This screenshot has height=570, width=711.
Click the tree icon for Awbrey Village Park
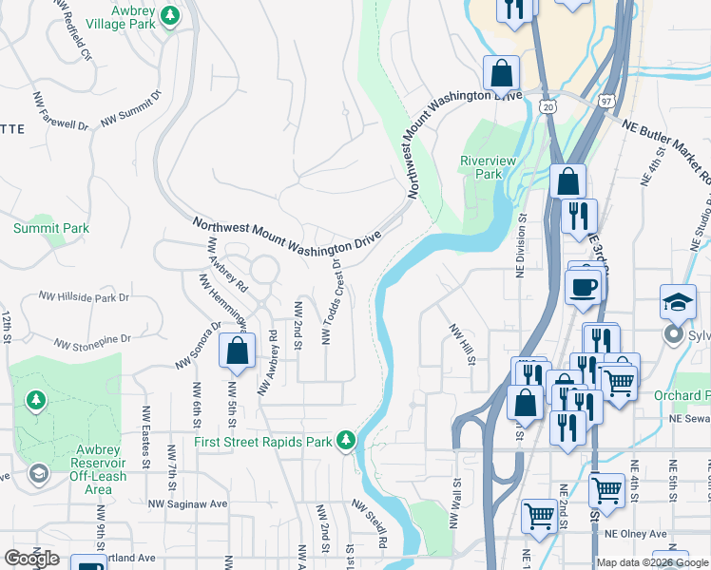tap(170, 16)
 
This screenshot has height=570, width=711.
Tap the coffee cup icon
tap(583, 287)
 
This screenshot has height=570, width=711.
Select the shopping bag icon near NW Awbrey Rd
tap(237, 350)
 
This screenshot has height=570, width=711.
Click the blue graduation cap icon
tap(679, 301)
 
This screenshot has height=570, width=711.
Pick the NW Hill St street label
tap(462, 345)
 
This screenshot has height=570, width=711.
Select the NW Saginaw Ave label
tap(188, 503)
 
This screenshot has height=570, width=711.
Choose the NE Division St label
tap(522, 244)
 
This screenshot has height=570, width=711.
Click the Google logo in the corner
tap(30, 558)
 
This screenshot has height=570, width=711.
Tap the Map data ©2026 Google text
tap(653, 562)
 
